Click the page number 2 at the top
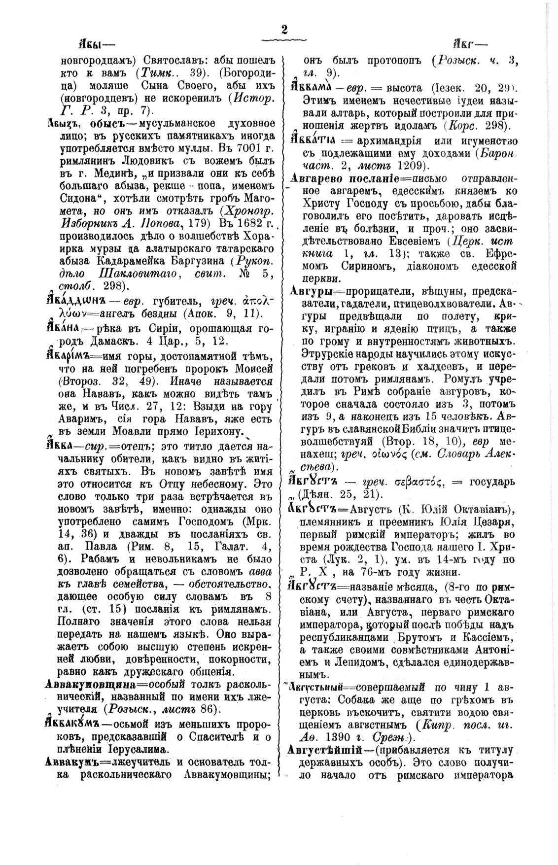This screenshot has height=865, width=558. (x=283, y=30)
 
